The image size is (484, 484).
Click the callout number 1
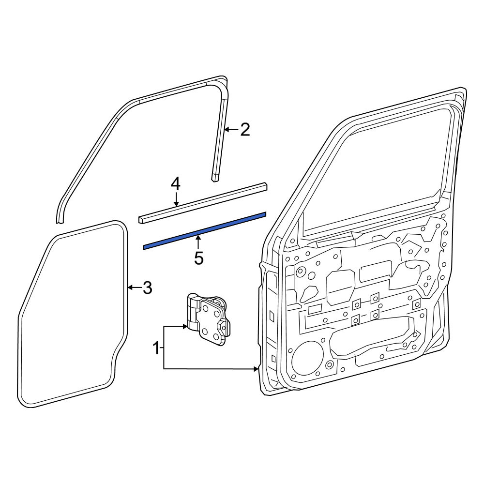coord(157,348)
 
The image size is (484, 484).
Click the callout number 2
coord(244,130)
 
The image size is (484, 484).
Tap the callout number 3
coord(147,288)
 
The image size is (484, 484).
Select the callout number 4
coord(176,184)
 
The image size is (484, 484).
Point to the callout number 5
coord(199,258)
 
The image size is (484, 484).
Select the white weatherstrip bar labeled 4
coord(203,203)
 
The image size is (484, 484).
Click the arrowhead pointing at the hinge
coord(185,326)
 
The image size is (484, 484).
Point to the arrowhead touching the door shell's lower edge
coord(256,368)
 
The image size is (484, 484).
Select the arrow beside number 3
coord(135,287)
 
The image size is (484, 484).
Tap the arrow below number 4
coord(176,199)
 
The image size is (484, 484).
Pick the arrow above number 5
coord(199,242)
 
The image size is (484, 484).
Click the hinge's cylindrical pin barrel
coord(192,311)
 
